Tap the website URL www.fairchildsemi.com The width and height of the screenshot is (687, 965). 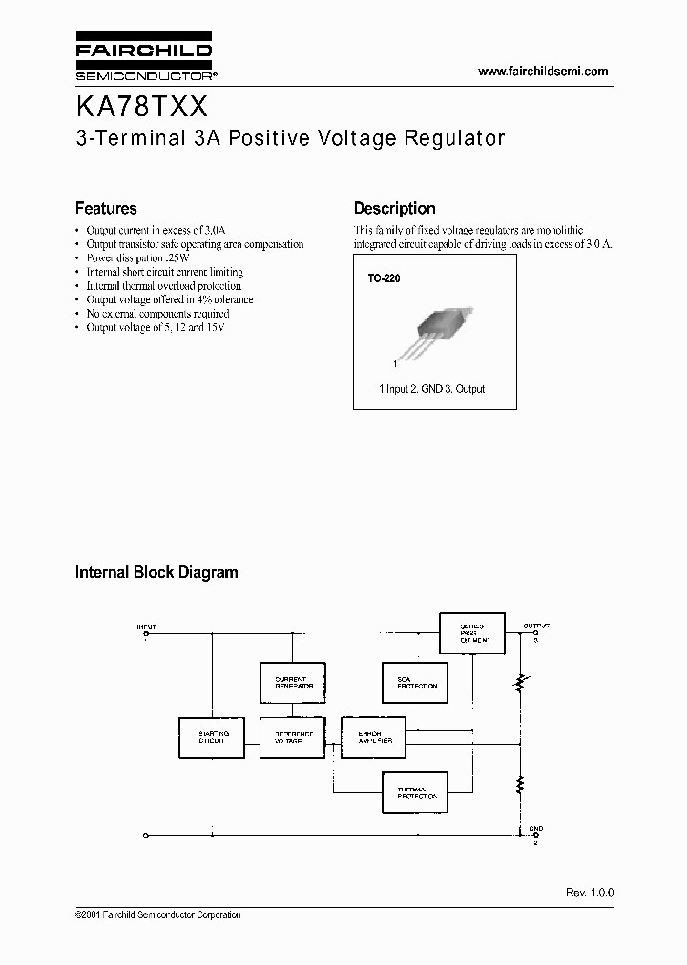542,72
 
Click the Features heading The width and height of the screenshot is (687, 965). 106,208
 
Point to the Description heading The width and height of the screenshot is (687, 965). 394,208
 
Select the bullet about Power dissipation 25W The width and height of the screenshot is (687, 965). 138,257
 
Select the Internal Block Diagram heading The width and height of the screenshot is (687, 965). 156,572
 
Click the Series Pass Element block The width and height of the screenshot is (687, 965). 471,632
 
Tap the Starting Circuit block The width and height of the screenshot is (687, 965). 212,736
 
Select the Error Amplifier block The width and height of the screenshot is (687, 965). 373,736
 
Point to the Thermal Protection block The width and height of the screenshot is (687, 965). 416,790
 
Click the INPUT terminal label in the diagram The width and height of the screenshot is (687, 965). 146,627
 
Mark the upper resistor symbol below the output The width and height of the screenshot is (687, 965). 520,684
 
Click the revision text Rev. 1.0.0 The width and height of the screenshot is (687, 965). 589,892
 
